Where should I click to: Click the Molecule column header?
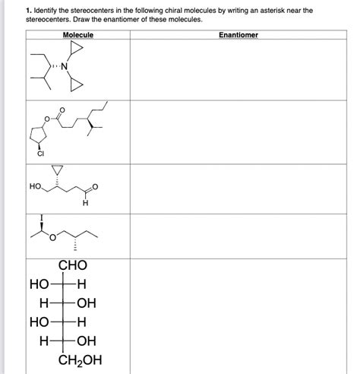point(78,35)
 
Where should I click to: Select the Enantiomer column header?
point(238,35)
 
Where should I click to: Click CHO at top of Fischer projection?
point(72,266)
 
